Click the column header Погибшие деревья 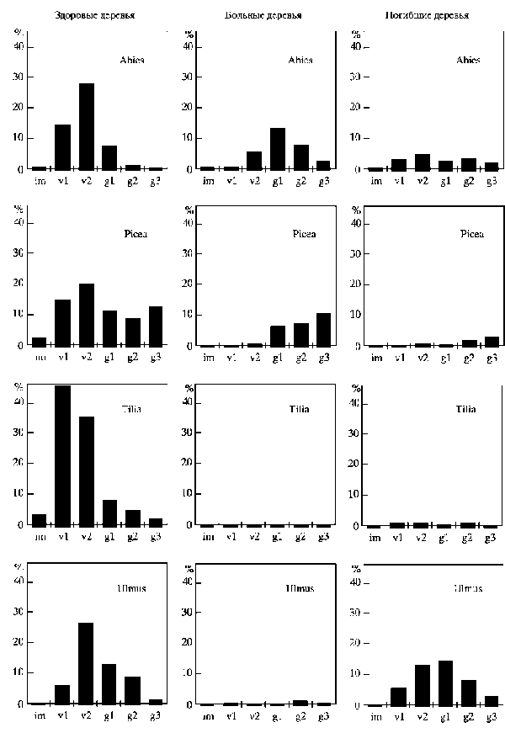coord(428,15)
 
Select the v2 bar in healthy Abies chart coord(86,126)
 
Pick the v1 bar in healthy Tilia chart coord(62,454)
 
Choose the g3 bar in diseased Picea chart coord(324,329)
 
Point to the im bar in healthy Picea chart coord(39,341)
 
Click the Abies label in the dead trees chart coord(468,60)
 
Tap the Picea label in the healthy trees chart coord(135,234)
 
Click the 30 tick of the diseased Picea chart coord(188,253)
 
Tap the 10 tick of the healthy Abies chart coord(19,138)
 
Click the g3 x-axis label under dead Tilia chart coord(492,537)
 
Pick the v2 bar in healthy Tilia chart coord(86,470)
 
